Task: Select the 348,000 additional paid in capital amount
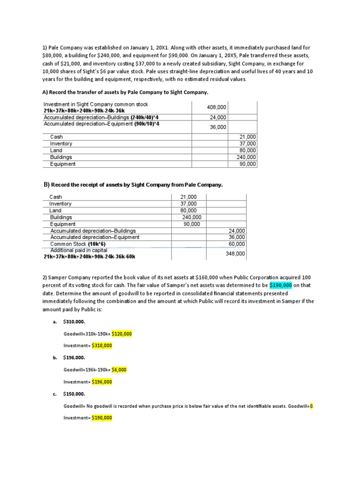tap(235, 254)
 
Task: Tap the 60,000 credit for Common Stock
tap(237, 244)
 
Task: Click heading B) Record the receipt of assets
tap(133, 185)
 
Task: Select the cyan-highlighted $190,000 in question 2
tap(281, 285)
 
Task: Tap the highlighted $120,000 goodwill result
tap(121, 334)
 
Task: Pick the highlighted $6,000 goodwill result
tap(119, 369)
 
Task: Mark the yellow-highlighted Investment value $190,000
tap(102, 418)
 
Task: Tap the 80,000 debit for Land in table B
tap(188, 210)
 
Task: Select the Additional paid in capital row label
tap(79, 250)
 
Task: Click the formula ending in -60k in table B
tap(89, 257)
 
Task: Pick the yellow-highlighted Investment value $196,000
tap(102, 382)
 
